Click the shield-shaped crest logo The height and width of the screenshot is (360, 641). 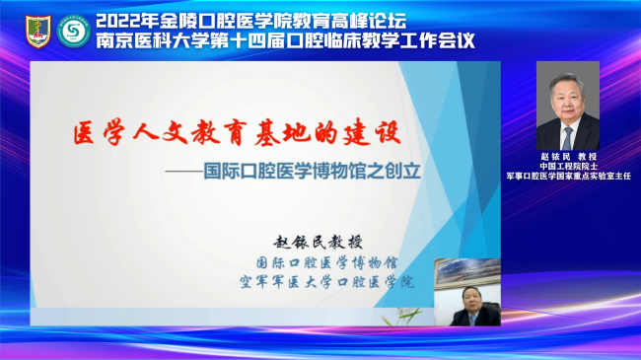pyautogui.click(x=38, y=32)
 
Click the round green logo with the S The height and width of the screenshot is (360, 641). pyautogui.click(x=74, y=31)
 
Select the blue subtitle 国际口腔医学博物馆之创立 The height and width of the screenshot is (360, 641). pyautogui.click(x=313, y=171)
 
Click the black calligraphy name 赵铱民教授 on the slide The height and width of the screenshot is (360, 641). pyautogui.click(x=319, y=243)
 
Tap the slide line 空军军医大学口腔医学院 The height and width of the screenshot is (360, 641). pyautogui.click(x=326, y=282)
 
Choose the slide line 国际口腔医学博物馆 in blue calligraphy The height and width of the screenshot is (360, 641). pyautogui.click(x=326, y=262)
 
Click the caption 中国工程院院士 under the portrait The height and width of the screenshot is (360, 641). pyautogui.click(x=568, y=166)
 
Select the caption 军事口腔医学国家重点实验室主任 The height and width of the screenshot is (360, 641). pyautogui.click(x=568, y=176)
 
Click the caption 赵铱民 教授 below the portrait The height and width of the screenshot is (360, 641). pyautogui.click(x=568, y=156)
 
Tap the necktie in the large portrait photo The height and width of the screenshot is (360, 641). pyautogui.click(x=567, y=138)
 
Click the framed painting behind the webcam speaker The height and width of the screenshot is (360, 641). pyautogui.click(x=467, y=271)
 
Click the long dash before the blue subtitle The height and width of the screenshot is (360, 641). pyautogui.click(x=184, y=172)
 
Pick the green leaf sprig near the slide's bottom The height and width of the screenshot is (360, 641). pyautogui.click(x=401, y=316)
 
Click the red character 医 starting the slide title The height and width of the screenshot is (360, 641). pyautogui.click(x=84, y=134)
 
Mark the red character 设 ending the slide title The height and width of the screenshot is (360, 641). pyautogui.click(x=389, y=132)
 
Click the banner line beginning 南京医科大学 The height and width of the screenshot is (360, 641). pyautogui.click(x=285, y=40)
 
